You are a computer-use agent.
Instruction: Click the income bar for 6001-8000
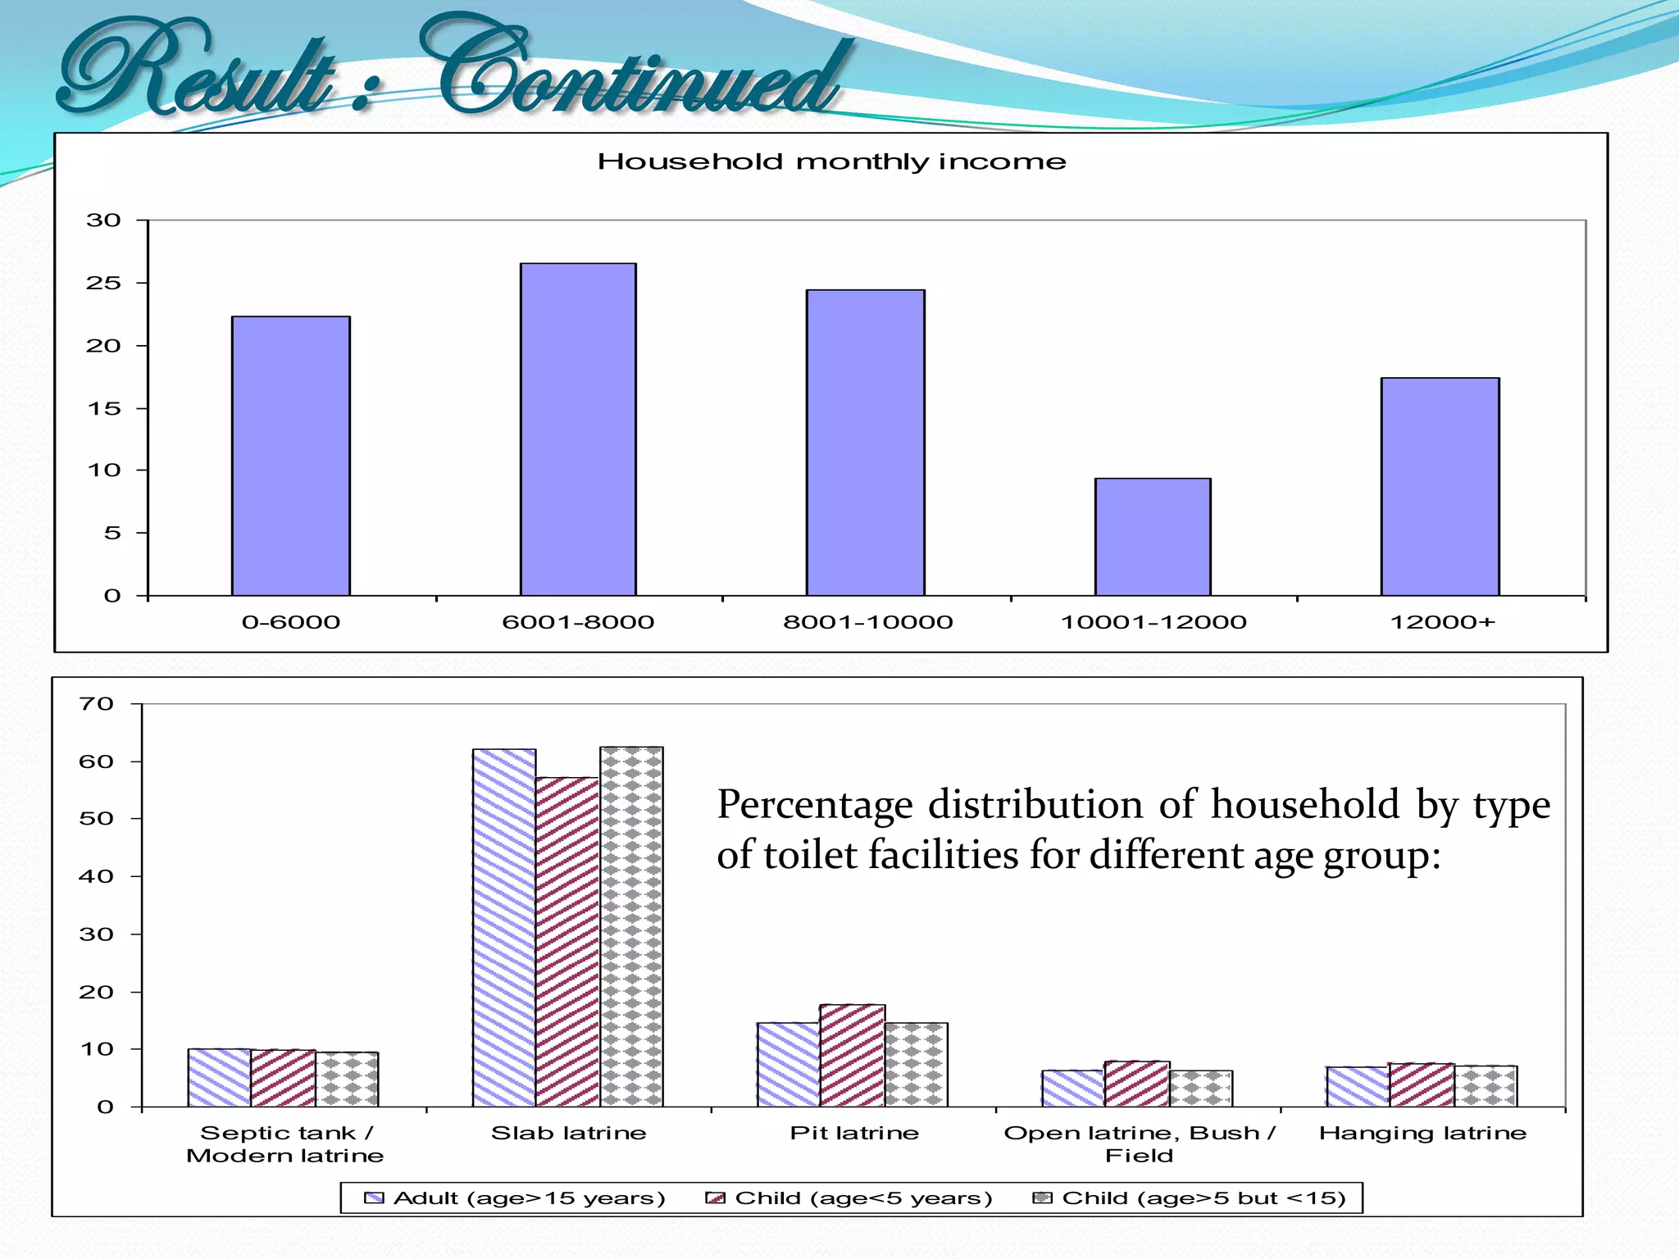(578, 430)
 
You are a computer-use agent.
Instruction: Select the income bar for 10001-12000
(1153, 537)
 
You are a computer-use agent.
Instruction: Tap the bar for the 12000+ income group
(1440, 487)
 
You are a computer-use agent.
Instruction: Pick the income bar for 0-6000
(291, 456)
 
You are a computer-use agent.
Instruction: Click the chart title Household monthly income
(831, 161)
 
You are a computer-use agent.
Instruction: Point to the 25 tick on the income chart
(103, 284)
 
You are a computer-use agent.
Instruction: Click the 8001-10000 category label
(867, 622)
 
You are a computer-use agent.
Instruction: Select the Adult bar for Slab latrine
(504, 928)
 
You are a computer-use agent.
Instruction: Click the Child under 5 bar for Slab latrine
(567, 942)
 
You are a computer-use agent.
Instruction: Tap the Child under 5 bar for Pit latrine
(853, 1056)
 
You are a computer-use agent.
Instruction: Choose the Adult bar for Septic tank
(220, 1078)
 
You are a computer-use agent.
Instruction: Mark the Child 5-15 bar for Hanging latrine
(1486, 1086)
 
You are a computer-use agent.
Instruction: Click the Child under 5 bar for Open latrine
(1137, 1084)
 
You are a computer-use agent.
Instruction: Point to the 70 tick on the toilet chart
(96, 704)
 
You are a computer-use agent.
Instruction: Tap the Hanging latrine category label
(1422, 1134)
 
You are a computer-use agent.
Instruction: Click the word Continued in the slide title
(639, 70)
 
